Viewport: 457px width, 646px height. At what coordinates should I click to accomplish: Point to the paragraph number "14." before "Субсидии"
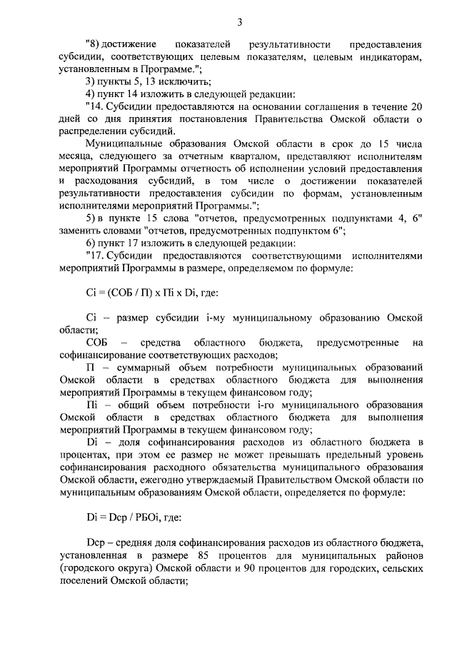(x=94, y=106)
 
